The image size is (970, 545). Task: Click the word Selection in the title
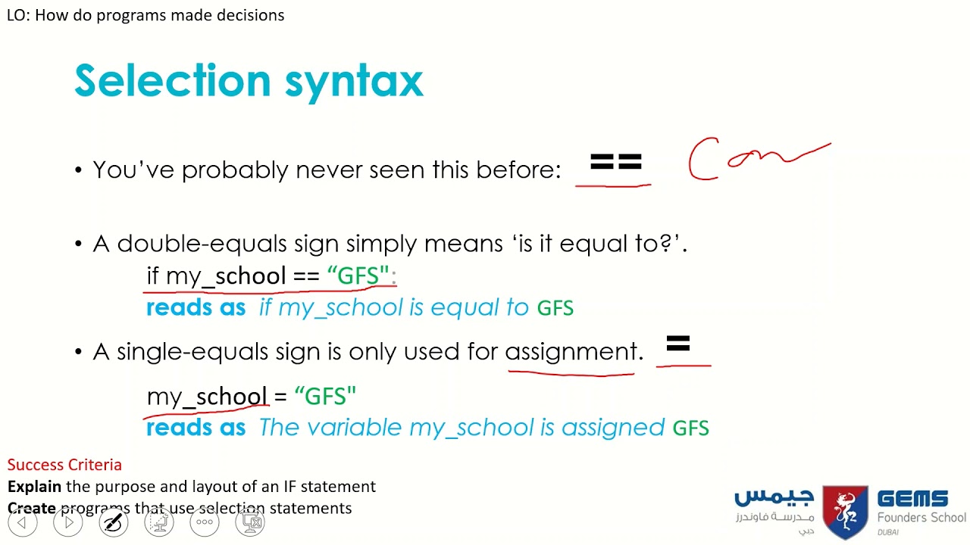[x=172, y=80]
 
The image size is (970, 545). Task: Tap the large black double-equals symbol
[x=615, y=163]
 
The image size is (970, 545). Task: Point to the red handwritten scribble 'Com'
[x=758, y=158]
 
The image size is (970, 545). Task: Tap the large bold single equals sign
[x=678, y=345]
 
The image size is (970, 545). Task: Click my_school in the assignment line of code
[x=206, y=396]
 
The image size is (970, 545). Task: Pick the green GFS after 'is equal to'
[x=555, y=308]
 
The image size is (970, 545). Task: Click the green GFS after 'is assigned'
[x=690, y=428]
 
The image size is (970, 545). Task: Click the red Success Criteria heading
[x=64, y=465]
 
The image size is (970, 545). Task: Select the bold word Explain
[x=34, y=486]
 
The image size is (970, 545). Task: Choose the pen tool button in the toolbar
[x=114, y=522]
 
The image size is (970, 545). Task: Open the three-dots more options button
[x=205, y=522]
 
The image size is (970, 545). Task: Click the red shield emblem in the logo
[x=845, y=512]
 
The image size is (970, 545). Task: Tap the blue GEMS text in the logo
[x=912, y=500]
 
